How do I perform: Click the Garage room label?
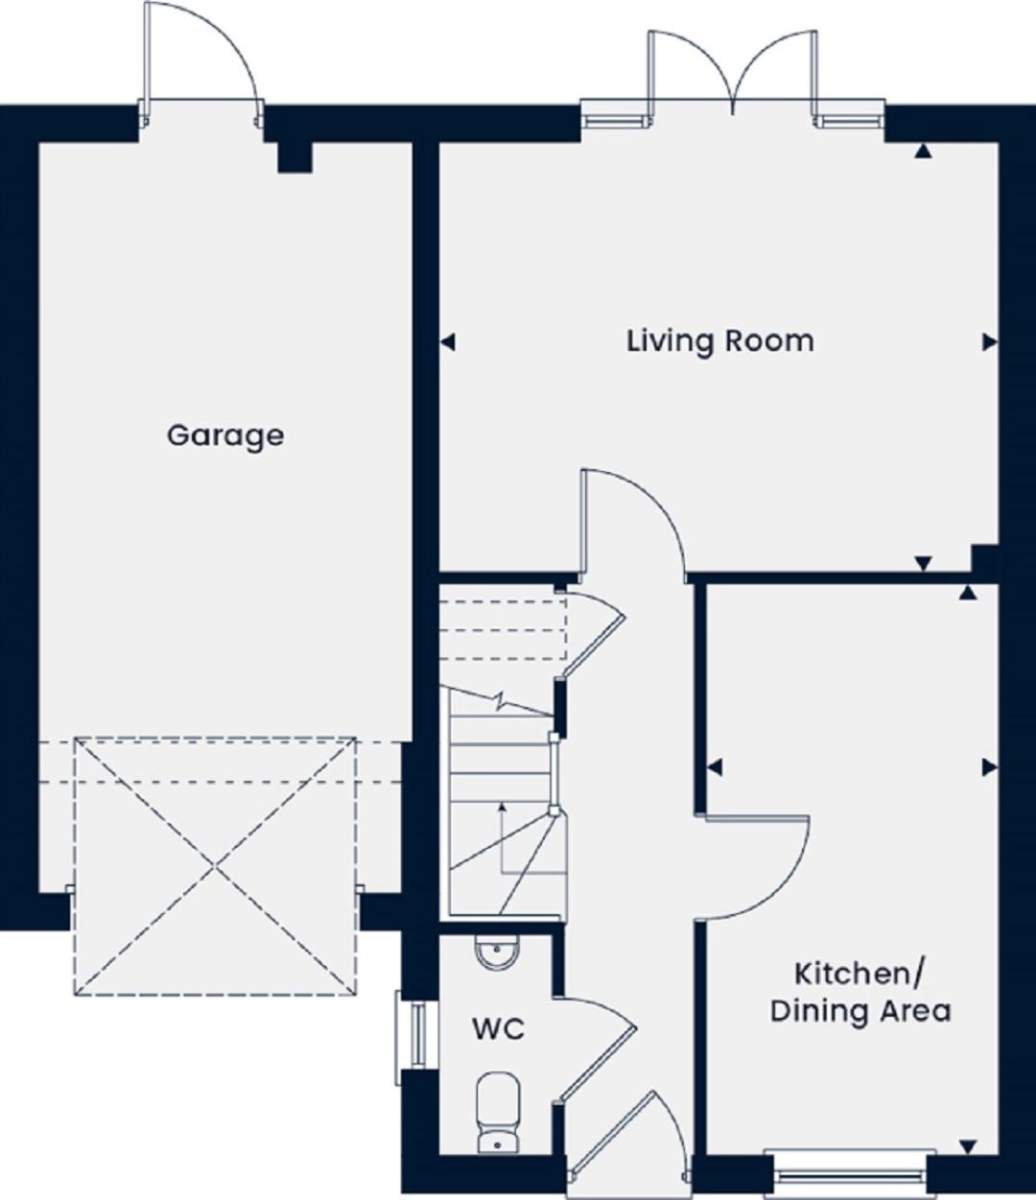tap(225, 436)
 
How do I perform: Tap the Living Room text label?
tap(720, 341)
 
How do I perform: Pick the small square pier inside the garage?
tap(294, 157)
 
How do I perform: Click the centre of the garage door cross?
tap(216, 867)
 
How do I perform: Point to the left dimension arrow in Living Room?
tap(448, 342)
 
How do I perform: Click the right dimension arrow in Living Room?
tap(990, 342)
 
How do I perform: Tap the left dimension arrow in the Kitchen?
tap(715, 767)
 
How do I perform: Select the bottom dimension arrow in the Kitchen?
tap(968, 1147)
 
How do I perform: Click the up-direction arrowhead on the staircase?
tap(503, 807)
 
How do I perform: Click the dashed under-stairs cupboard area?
tap(503, 630)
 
